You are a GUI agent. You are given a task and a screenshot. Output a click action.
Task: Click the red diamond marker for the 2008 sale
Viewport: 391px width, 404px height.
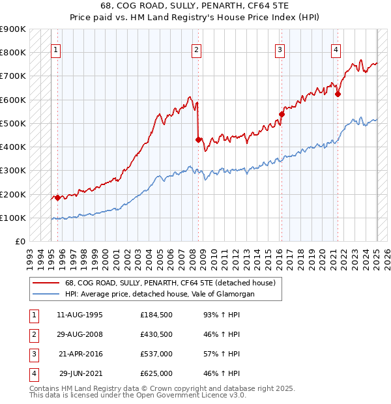point(198,139)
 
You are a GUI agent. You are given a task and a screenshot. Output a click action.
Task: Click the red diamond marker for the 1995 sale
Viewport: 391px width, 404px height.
point(57,197)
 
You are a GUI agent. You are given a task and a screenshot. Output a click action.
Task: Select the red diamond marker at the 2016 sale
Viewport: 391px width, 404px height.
point(282,114)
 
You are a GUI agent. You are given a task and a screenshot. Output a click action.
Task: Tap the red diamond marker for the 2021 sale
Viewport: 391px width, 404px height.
point(338,93)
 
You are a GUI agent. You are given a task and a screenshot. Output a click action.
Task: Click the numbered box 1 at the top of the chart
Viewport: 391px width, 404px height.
point(56,50)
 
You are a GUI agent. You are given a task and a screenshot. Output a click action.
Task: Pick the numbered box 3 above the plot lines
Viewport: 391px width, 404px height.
point(280,50)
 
